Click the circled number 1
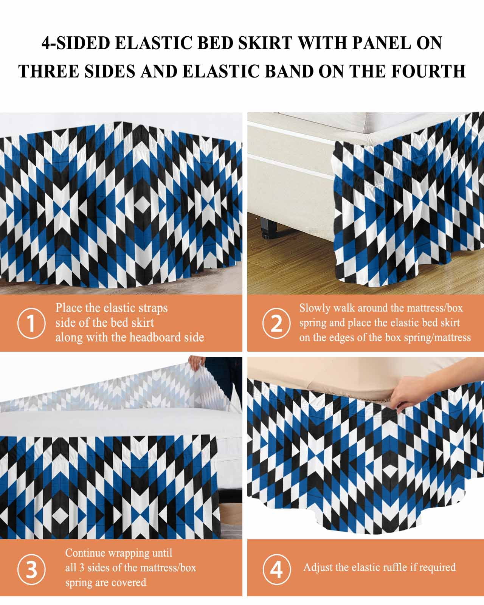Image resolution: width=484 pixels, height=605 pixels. click(31, 323)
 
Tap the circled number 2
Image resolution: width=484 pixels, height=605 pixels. click(276, 323)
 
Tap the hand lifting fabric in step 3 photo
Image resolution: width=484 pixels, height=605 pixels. click(197, 363)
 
